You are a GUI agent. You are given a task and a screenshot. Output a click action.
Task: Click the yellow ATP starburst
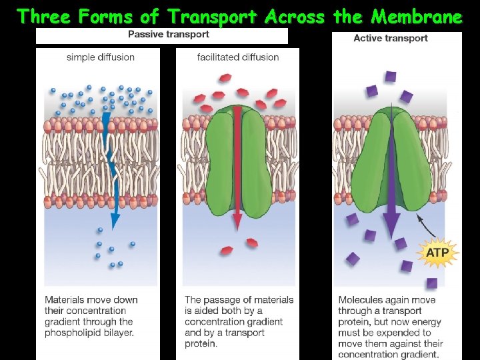pyautogui.click(x=437, y=253)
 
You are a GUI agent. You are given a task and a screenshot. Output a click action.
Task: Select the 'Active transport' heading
pyautogui.click(x=391, y=38)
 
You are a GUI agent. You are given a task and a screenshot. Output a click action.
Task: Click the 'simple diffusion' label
pyautogui.click(x=101, y=57)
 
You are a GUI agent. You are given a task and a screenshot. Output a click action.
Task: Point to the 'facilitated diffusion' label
pyautogui.click(x=238, y=57)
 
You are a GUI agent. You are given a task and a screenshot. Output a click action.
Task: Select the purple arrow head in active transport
pyautogui.click(x=391, y=223)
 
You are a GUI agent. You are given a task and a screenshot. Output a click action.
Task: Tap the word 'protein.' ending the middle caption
pyautogui.click(x=201, y=344)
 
